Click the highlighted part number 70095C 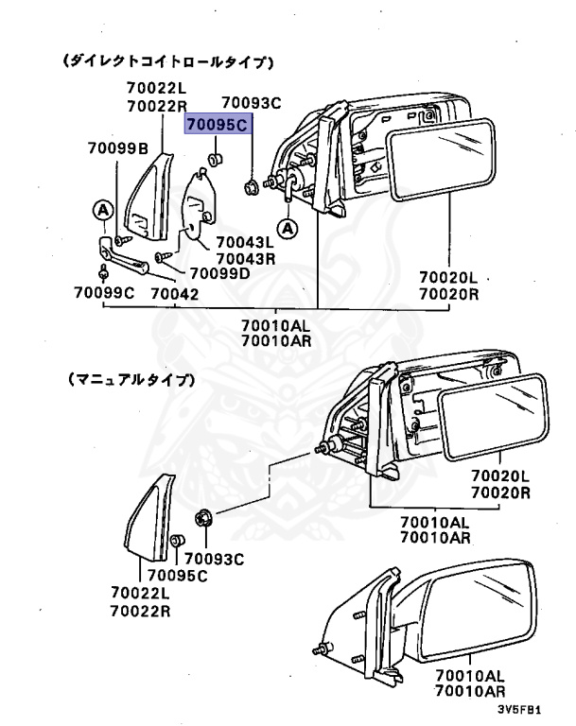218,124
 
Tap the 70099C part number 104,293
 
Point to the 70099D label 218,273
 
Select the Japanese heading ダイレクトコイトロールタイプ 167,61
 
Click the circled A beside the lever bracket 100,209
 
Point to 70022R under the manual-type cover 140,611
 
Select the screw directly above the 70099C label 103,274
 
